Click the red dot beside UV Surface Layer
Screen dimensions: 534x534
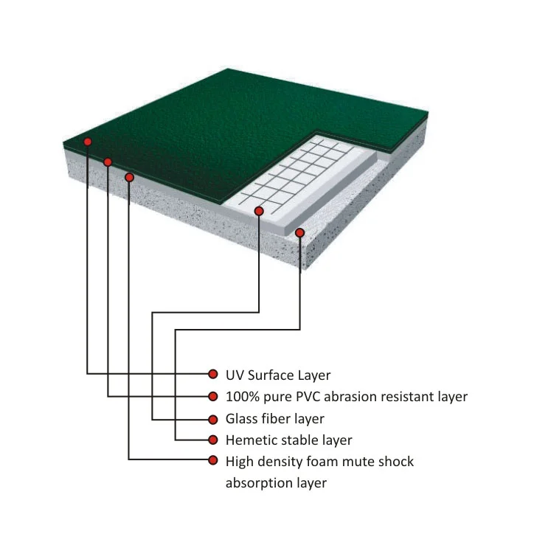(x=212, y=375)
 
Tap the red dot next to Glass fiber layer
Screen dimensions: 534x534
(x=212, y=419)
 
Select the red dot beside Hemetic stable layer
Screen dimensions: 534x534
(x=212, y=440)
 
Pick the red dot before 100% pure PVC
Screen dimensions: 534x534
(x=212, y=397)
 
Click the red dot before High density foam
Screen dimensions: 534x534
(x=212, y=462)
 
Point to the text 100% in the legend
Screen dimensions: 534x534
(x=241, y=397)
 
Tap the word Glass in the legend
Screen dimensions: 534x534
(x=243, y=419)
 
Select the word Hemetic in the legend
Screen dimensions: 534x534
(x=253, y=440)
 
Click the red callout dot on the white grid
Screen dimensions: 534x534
(x=259, y=212)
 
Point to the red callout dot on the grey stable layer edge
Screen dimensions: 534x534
(x=300, y=233)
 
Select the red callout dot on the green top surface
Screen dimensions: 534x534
(x=88, y=142)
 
